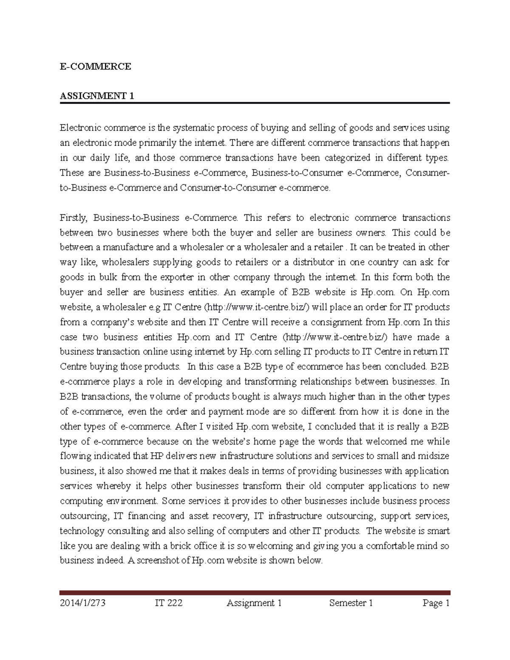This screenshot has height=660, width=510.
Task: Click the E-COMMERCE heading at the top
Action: [95, 66]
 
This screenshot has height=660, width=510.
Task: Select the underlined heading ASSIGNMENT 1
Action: [97, 96]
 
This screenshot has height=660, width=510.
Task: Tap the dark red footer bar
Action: [255, 592]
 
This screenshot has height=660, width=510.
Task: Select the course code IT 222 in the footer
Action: [169, 603]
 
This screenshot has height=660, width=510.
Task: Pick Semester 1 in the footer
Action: [351, 603]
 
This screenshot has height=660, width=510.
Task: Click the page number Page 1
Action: [436, 603]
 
